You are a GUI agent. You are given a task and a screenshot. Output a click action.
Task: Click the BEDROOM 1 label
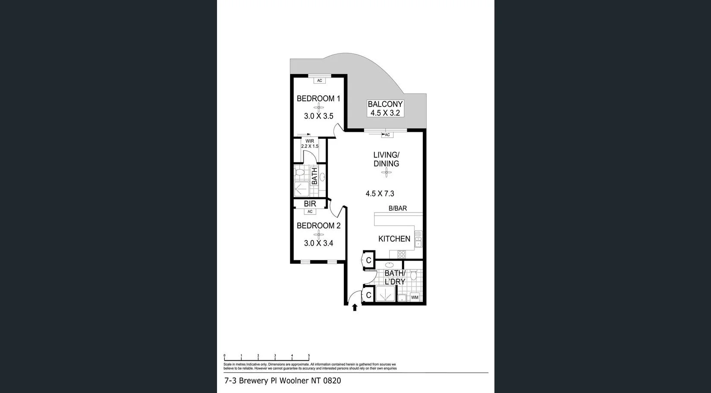(318, 99)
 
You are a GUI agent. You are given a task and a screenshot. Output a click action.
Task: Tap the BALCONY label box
(385, 109)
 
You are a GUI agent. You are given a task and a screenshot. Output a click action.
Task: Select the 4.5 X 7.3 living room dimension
(380, 194)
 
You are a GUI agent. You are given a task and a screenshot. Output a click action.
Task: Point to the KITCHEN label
(394, 239)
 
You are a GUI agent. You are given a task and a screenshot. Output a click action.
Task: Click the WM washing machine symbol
(415, 297)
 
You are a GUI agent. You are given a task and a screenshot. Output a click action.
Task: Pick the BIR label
(310, 204)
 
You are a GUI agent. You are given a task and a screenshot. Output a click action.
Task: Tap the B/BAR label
(397, 209)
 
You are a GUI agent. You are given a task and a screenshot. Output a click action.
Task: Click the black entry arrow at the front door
(355, 307)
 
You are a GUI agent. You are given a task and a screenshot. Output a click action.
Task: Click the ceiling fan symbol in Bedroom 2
(319, 234)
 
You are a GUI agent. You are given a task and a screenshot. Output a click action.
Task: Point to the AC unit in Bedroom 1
(320, 81)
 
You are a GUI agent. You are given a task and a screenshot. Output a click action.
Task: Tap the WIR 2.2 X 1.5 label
(310, 143)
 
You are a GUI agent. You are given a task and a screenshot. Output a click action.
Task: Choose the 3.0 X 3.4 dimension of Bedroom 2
(318, 243)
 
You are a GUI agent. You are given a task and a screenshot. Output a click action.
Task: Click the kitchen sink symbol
(418, 240)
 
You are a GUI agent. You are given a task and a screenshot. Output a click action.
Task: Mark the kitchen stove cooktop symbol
(402, 254)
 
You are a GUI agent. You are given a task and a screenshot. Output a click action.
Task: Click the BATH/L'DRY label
(395, 278)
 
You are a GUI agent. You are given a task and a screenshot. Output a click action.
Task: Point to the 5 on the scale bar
(309, 356)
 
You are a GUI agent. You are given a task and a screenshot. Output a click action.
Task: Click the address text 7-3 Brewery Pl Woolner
(283, 381)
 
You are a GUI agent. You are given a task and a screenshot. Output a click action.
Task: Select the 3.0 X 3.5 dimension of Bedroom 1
(318, 116)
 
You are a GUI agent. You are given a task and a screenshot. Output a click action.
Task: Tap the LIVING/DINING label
(387, 159)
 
